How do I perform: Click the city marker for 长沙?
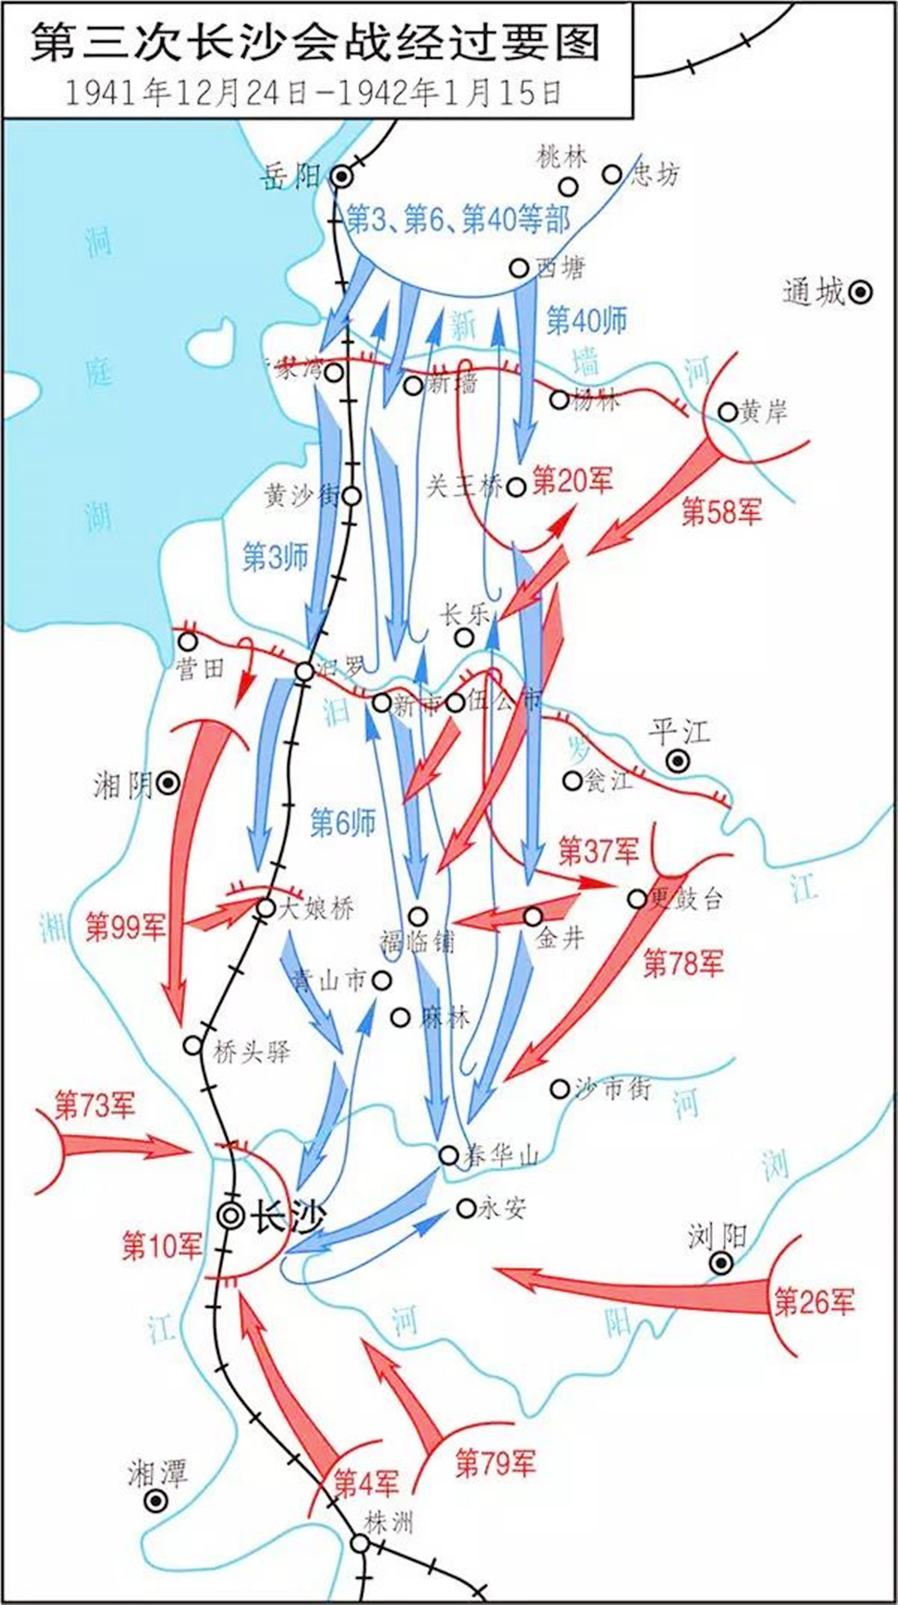click(232, 1215)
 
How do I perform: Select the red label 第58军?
click(722, 512)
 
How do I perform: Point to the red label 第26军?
click(814, 1301)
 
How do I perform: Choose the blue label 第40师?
click(586, 320)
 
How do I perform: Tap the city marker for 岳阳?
click(340, 175)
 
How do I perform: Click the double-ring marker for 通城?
click(860, 292)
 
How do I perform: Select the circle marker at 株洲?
click(359, 1543)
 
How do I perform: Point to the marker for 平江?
click(677, 761)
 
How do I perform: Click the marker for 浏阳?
click(720, 1263)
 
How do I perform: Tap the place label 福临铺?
click(417, 941)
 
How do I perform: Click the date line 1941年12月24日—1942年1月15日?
click(314, 93)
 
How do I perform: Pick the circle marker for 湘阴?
click(168, 784)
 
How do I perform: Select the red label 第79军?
click(496, 1463)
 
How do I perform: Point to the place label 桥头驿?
click(251, 1052)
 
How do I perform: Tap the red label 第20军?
click(572, 481)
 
